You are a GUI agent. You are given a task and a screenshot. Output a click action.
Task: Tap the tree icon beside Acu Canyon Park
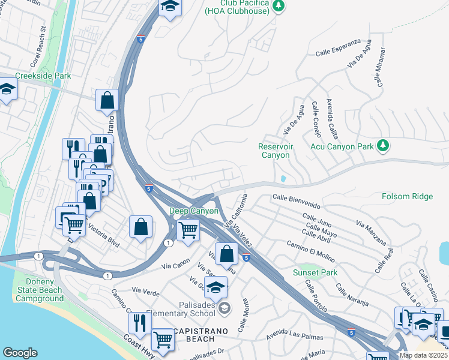click(382, 146)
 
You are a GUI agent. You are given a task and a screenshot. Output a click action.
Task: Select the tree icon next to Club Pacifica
click(277, 5)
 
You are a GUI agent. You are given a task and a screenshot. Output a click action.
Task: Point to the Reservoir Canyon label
click(274, 151)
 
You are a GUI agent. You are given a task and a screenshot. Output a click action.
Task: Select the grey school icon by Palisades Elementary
click(224, 308)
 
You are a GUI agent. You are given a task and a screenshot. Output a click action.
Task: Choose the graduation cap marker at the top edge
click(170, 7)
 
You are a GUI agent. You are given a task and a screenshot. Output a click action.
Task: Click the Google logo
click(20, 353)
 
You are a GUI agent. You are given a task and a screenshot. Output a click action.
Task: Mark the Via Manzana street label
click(371, 233)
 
